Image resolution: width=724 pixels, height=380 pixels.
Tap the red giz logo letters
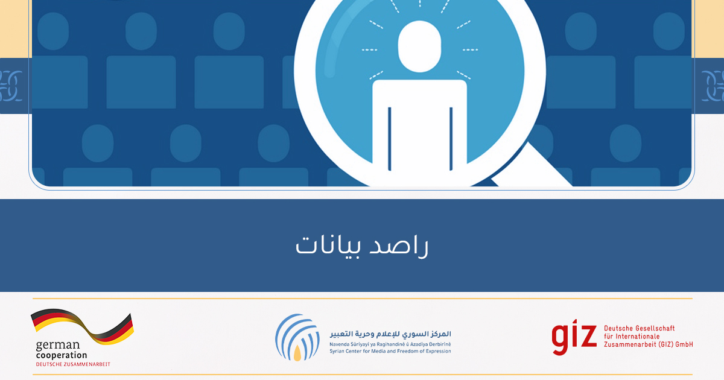coord(574,337)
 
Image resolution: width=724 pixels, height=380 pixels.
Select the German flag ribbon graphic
coord(83,326)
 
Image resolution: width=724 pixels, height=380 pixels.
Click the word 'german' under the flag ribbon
coord(57,346)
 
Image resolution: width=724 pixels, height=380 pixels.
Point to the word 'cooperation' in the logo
coord(62,355)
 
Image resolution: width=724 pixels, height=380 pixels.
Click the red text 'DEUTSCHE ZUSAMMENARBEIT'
coord(73,364)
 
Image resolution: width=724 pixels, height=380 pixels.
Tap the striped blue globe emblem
coord(297,337)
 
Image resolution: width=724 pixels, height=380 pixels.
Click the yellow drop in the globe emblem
coord(297,353)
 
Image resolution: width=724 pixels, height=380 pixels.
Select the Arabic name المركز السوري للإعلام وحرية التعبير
coord(390,334)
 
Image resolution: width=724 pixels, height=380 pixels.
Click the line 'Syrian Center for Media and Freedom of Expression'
coord(390,351)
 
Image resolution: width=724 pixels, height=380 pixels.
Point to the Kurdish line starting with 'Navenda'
coord(390,344)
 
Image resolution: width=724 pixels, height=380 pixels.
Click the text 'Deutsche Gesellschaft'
coord(640,328)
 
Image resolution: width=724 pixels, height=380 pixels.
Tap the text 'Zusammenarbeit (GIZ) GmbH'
coord(649,344)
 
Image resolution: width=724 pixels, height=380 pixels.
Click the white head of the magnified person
coord(419,46)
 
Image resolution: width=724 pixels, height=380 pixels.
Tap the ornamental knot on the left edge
coord(11,86)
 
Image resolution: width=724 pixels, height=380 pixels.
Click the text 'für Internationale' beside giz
coord(632,337)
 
